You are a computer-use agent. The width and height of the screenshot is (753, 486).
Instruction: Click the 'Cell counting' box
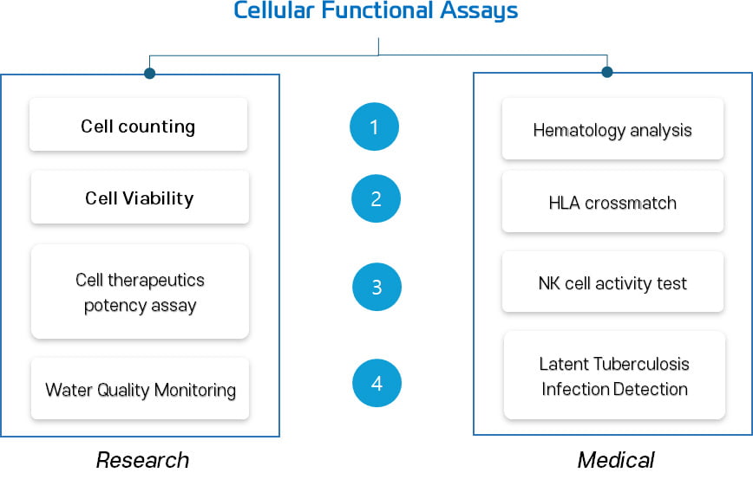pyautogui.click(x=138, y=125)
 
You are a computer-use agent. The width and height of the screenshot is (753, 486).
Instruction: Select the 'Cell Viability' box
pyautogui.click(x=140, y=198)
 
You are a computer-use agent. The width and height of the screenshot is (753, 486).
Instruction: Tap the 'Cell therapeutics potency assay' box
pyautogui.click(x=140, y=292)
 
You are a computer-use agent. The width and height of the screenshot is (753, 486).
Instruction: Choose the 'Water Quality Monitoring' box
pyautogui.click(x=140, y=389)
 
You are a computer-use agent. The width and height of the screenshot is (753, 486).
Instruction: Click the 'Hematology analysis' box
pyautogui.click(x=612, y=128)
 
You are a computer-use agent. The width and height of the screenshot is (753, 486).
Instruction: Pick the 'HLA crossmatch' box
pyautogui.click(x=612, y=202)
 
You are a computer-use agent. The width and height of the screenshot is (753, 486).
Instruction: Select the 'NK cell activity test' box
pyautogui.click(x=612, y=282)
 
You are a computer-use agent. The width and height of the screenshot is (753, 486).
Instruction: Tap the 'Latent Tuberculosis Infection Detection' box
pyautogui.click(x=614, y=375)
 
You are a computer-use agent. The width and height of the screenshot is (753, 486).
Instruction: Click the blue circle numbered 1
pyautogui.click(x=374, y=126)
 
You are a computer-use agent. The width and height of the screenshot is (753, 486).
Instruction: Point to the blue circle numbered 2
pyautogui.click(x=376, y=198)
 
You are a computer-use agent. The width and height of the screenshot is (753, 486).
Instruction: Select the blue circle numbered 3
pyautogui.click(x=377, y=287)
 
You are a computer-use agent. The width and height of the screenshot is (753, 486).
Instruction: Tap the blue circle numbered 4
pyautogui.click(x=377, y=383)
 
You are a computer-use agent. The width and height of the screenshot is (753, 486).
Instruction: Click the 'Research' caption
pyautogui.click(x=142, y=460)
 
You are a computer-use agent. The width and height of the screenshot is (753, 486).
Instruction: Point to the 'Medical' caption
pyautogui.click(x=616, y=460)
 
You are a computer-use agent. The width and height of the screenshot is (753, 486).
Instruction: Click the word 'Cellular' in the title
pyautogui.click(x=274, y=10)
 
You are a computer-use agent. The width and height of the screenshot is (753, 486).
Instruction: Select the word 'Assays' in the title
pyautogui.click(x=479, y=11)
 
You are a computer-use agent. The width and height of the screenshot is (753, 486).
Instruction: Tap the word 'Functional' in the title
pyautogui.click(x=377, y=10)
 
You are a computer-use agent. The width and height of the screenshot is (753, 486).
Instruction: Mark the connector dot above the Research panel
pyautogui.click(x=149, y=73)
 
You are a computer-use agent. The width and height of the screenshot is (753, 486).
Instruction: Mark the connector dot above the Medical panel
pyautogui.click(x=607, y=72)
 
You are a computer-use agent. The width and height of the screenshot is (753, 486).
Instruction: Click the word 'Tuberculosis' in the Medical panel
pyautogui.click(x=640, y=364)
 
